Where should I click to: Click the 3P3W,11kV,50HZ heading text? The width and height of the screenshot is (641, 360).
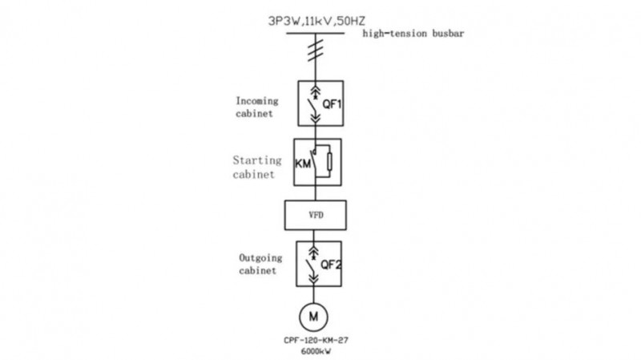(316, 22)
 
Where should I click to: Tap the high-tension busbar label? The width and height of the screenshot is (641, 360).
(413, 34)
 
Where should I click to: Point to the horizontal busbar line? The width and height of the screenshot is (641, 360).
(315, 34)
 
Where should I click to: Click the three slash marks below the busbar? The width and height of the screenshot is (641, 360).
(316, 51)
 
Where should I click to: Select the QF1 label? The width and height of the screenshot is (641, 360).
(332, 104)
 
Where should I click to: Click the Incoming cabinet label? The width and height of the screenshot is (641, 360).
(256, 107)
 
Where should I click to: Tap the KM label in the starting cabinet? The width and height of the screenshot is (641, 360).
(303, 164)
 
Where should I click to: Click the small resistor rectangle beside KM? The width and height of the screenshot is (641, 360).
(329, 162)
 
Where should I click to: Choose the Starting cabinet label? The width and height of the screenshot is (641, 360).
(257, 167)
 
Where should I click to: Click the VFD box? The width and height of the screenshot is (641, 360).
(315, 215)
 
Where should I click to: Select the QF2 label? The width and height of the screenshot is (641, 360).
(331, 265)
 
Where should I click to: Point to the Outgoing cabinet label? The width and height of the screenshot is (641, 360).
(260, 264)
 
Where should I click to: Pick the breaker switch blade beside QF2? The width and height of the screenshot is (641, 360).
(310, 267)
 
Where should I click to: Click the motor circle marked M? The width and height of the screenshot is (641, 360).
(313, 317)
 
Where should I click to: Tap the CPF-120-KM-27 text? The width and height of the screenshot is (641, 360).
(316, 340)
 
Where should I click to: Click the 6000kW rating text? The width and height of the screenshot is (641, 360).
(316, 351)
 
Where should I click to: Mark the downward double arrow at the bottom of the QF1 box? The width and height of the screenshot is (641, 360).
(315, 118)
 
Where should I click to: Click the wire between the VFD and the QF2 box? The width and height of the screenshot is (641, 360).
(313, 236)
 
